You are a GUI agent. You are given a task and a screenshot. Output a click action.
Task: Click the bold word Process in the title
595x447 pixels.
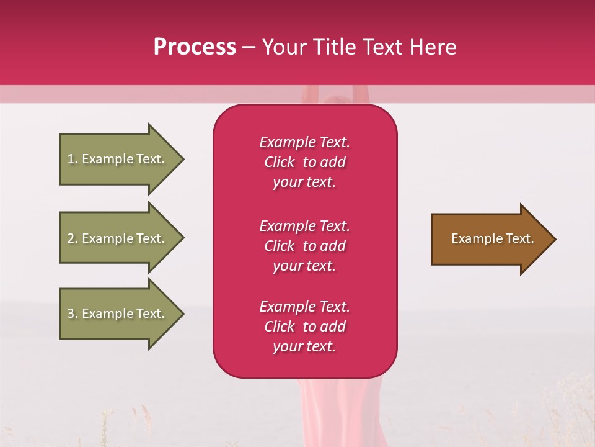195,47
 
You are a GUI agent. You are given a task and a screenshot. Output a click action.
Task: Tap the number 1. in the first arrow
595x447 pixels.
73,159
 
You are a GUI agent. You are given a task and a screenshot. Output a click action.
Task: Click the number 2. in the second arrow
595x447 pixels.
73,238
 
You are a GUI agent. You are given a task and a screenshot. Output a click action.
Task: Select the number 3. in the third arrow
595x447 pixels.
73,314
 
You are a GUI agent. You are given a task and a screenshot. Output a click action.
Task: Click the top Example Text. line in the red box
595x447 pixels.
304,142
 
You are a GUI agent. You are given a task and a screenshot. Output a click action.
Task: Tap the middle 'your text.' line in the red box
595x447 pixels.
304,266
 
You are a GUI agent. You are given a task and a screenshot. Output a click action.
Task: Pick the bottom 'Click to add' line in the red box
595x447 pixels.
304,327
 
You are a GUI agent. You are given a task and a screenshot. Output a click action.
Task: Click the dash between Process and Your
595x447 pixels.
249,47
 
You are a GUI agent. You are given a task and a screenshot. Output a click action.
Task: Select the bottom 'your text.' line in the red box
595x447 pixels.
304,346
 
